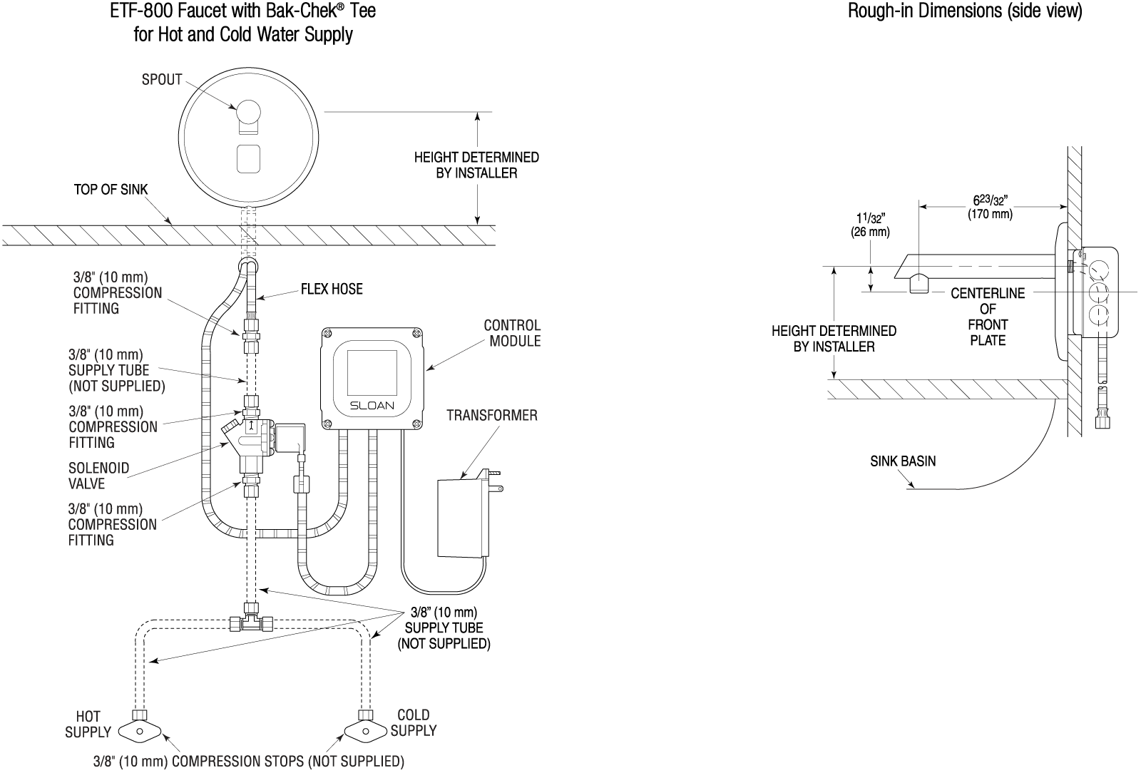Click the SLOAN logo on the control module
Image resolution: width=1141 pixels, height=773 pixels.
tap(372, 406)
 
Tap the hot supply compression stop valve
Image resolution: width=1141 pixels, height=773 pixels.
tap(140, 732)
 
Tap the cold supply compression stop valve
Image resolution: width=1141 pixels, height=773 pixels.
tap(366, 732)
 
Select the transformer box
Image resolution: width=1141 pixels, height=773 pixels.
tap(460, 518)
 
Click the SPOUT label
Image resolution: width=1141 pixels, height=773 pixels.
tap(162, 80)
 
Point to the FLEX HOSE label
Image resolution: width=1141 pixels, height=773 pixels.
tap(332, 290)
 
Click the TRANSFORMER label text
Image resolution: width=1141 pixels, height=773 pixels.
tap(492, 416)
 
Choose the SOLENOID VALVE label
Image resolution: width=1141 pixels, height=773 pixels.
tap(99, 476)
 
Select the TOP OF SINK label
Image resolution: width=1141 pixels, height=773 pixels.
tap(111, 190)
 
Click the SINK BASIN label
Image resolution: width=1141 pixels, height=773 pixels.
tap(903, 461)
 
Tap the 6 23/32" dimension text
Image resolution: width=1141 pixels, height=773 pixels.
tap(991, 200)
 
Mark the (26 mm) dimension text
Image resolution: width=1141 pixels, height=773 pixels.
tap(870, 232)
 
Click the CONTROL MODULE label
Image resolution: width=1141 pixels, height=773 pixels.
tap(513, 333)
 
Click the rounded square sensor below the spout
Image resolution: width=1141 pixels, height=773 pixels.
tap(249, 159)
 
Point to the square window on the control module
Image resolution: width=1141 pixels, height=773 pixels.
tap(372, 372)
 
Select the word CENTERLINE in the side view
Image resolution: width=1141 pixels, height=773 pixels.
tap(988, 293)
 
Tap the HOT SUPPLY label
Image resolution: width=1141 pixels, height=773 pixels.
tap(88, 724)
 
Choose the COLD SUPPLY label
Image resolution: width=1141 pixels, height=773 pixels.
tap(414, 722)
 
